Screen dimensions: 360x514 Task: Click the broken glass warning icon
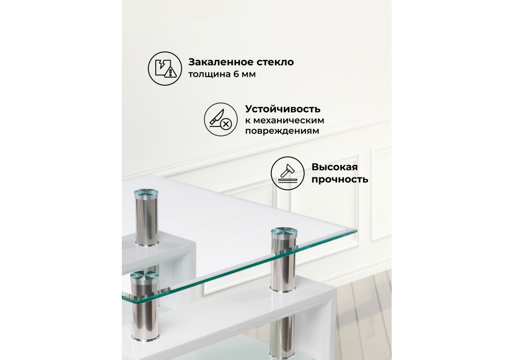(x=164, y=68)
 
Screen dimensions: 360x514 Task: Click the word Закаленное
(x=218, y=63)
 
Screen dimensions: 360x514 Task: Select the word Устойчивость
(x=283, y=109)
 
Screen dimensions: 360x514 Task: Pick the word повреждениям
(x=282, y=131)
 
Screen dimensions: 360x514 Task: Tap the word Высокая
(x=334, y=168)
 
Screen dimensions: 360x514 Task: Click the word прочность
(x=339, y=179)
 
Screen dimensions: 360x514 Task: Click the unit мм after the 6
(x=248, y=75)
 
